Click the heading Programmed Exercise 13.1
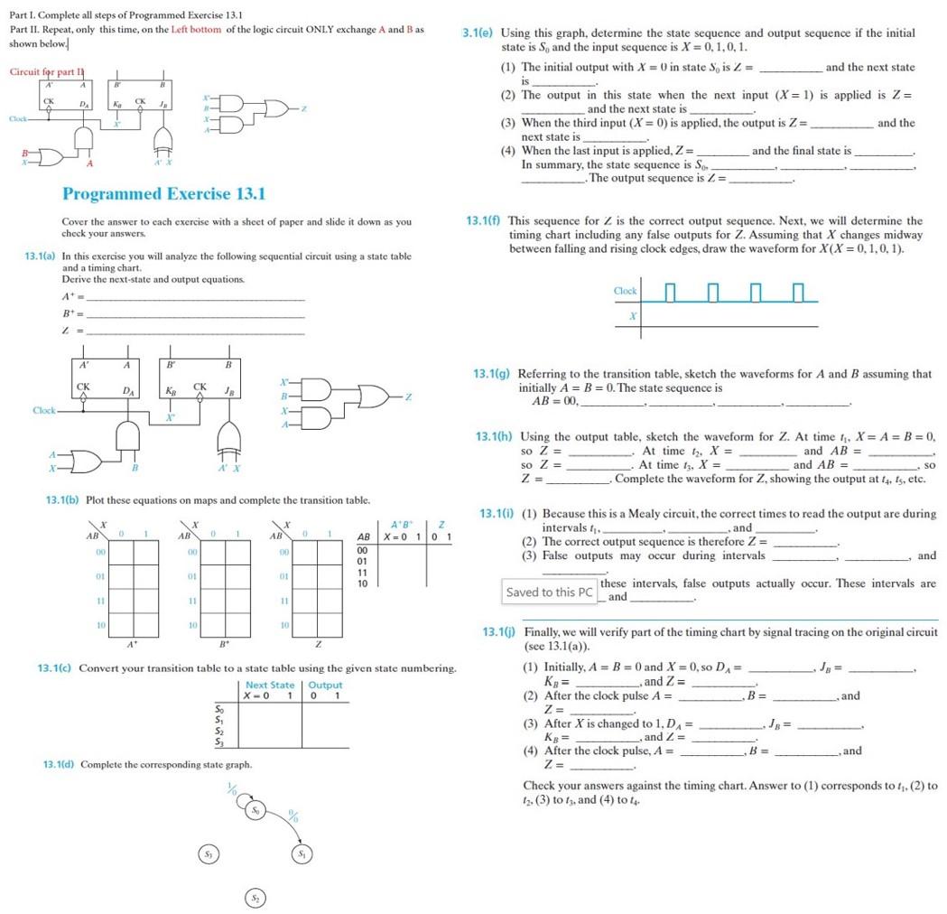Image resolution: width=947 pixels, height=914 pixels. (x=163, y=194)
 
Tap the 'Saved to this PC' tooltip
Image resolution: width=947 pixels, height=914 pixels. (x=549, y=592)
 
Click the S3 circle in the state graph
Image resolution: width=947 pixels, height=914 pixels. (x=208, y=854)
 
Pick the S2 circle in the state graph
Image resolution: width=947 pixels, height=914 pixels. (x=256, y=898)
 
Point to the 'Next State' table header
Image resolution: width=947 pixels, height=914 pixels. (x=270, y=685)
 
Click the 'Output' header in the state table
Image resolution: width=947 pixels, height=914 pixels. (x=325, y=685)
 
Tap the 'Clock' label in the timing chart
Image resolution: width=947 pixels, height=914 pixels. (x=625, y=291)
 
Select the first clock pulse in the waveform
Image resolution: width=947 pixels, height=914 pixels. (x=669, y=292)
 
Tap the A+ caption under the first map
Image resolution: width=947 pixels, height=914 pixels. (x=133, y=645)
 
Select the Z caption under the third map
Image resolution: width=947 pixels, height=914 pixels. (x=317, y=645)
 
